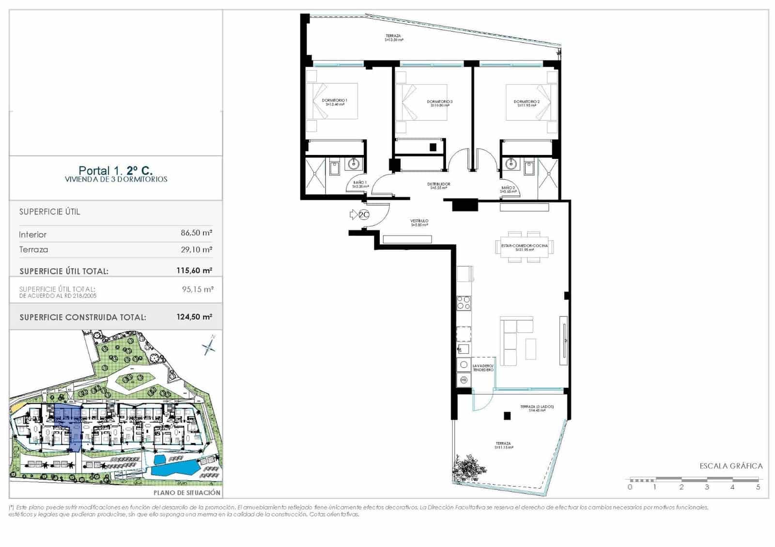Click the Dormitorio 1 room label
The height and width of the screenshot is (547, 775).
click(x=334, y=102)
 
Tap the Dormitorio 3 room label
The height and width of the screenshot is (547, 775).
click(x=439, y=103)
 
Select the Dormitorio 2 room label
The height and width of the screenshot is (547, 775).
click(x=527, y=103)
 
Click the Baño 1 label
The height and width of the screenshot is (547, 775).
click(x=360, y=184)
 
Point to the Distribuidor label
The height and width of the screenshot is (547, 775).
click(x=438, y=185)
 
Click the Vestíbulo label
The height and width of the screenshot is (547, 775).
click(x=419, y=223)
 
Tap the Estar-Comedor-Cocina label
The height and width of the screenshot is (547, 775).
click(x=525, y=247)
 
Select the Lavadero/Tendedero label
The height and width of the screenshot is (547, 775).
click(x=483, y=368)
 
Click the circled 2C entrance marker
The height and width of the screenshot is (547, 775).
click(x=364, y=214)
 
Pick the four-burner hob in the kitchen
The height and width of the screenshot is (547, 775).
click(x=464, y=303)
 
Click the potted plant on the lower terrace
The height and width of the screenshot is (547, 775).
click(x=468, y=467)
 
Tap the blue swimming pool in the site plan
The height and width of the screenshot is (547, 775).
click(x=174, y=466)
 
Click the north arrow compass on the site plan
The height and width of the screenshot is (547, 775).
click(x=210, y=345)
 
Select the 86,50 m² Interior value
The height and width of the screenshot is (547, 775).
click(x=196, y=233)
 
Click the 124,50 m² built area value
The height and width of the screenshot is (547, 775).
click(x=194, y=317)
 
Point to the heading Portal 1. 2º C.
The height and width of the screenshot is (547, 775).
click(x=116, y=170)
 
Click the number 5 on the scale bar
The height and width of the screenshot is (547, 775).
click(x=758, y=487)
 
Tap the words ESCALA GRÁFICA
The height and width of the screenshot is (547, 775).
click(x=731, y=466)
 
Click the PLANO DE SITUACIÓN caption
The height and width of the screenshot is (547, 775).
click(x=187, y=493)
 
